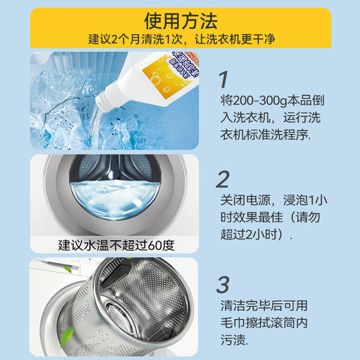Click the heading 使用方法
[179, 18]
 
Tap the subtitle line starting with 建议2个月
[179, 38]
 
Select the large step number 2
[222, 180]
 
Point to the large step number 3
[223, 284]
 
